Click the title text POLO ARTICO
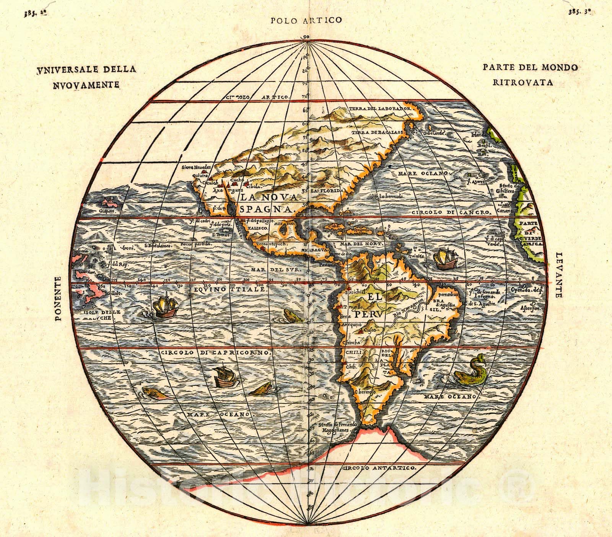tap(306, 20)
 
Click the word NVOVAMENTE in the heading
tap(85, 84)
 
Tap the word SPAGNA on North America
tap(265, 209)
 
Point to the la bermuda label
tap(391, 197)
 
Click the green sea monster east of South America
tap(470, 369)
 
